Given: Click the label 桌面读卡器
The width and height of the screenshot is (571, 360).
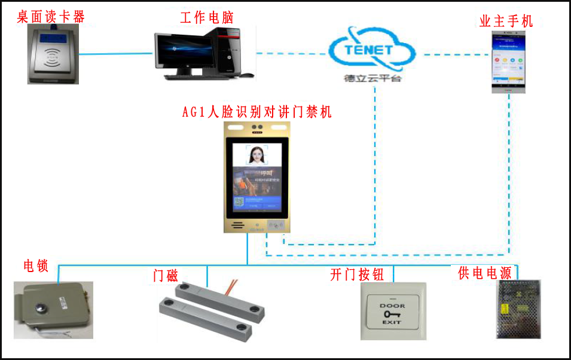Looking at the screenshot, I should click(51, 16).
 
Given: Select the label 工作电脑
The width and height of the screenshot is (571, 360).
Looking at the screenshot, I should click(206, 17).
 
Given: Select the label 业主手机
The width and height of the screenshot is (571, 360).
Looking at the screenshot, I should click(506, 22).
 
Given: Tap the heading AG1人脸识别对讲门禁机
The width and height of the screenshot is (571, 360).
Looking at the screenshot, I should click(257, 112).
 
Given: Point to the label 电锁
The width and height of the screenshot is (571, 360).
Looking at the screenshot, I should click(35, 266).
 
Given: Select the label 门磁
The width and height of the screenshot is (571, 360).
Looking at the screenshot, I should click(166, 276).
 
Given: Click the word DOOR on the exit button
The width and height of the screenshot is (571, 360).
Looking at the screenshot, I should click(392, 306).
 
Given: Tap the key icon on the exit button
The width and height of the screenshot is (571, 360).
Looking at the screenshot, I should click(392, 314).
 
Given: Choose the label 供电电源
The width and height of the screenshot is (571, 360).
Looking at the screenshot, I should click(485, 273).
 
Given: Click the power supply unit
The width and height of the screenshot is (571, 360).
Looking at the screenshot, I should click(518, 309).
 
